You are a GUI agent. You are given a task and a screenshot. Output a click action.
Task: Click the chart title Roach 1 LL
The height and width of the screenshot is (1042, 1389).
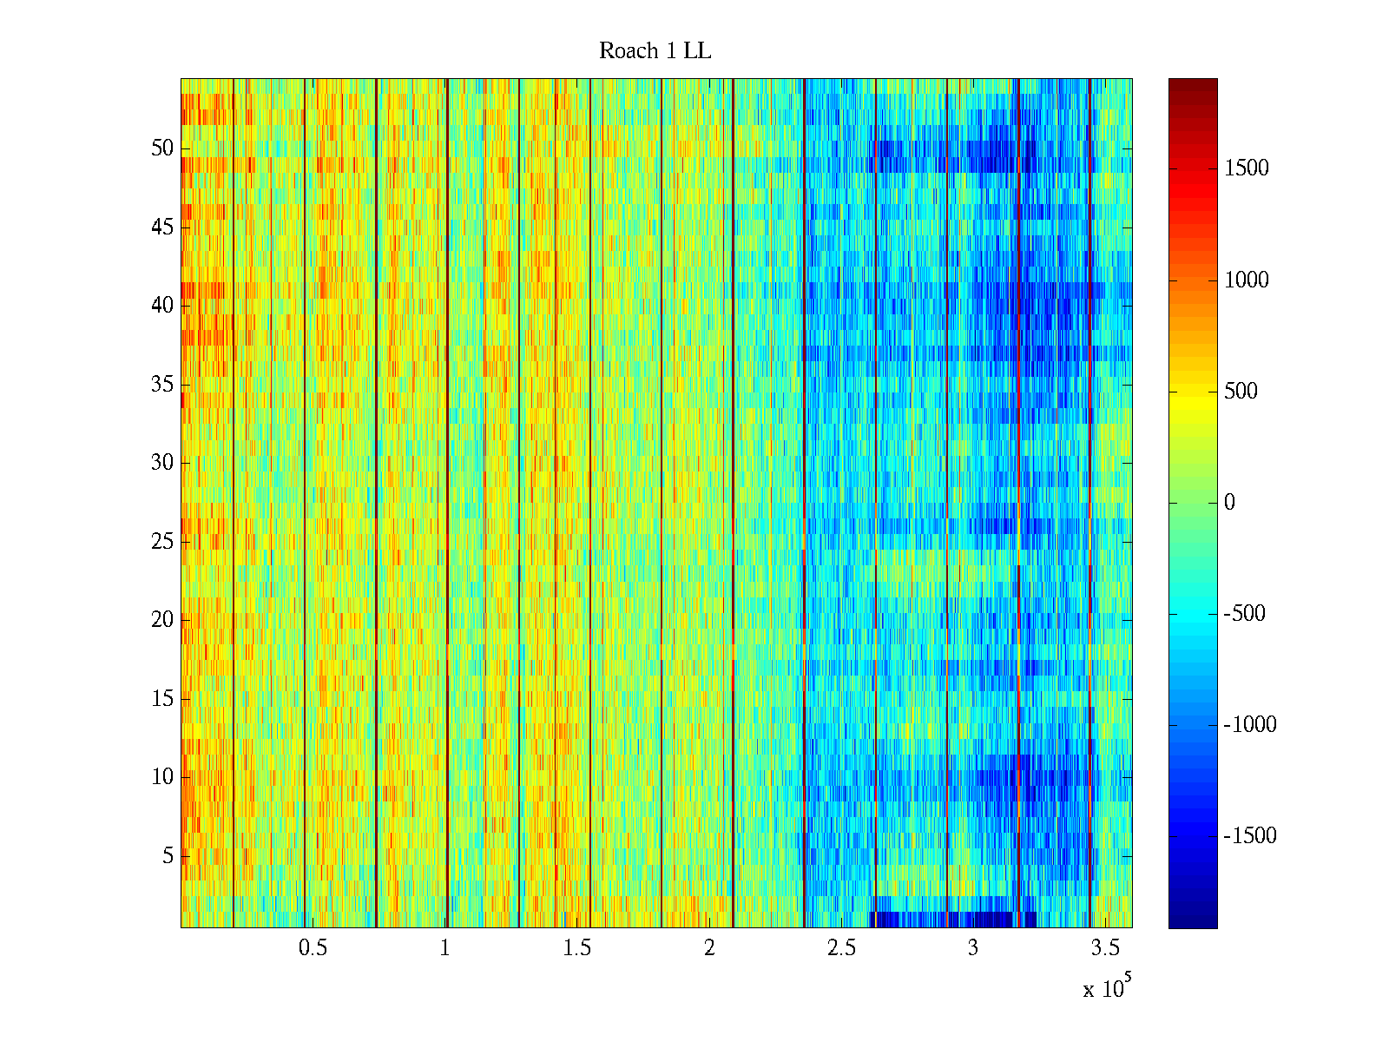[655, 51]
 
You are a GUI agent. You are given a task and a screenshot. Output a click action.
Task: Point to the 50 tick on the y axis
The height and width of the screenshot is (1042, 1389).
[162, 148]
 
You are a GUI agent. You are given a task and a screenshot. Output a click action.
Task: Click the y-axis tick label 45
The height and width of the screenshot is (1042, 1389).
[162, 228]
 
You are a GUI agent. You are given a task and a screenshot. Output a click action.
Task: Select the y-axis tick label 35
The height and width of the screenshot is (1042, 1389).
[162, 385]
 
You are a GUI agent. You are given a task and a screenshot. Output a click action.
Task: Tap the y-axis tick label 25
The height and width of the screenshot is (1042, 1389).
[162, 542]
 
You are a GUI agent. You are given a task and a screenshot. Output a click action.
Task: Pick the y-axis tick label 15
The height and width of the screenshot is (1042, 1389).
[162, 699]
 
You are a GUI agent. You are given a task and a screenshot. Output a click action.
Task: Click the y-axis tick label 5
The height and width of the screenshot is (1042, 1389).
[168, 856]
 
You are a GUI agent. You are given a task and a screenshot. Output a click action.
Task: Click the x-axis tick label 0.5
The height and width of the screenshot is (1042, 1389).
[313, 948]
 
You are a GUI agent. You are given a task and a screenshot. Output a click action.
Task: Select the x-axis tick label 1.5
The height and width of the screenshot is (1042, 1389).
[576, 948]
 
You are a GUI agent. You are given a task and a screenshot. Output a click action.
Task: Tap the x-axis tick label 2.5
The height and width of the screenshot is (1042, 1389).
[840, 948]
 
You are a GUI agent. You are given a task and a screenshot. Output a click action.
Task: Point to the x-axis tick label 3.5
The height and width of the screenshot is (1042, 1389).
[1104, 948]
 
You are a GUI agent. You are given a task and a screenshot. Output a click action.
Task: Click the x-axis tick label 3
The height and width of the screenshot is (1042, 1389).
[972, 948]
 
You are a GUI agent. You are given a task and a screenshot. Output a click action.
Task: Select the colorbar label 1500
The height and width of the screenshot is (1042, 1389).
[1247, 168]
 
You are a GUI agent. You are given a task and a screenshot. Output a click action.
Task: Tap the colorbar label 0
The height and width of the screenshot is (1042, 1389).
[1229, 503]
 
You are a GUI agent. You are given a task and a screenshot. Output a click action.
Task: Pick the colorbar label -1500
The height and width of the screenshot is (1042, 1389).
[1250, 836]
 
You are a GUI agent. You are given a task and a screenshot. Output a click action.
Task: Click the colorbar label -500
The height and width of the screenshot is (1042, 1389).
[1245, 614]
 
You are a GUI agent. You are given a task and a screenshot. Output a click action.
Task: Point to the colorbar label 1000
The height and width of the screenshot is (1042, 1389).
[1247, 280]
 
